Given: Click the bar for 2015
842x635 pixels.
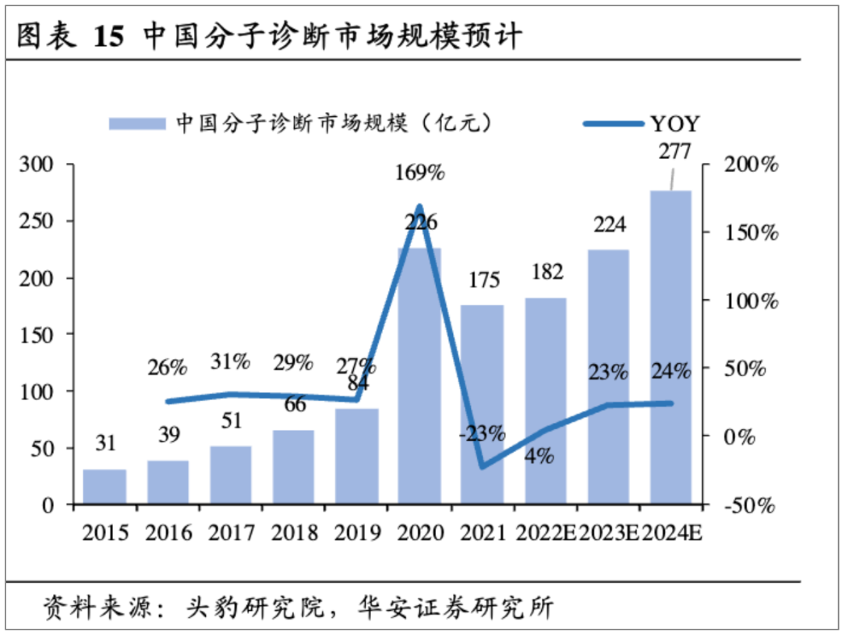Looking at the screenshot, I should point(104,486).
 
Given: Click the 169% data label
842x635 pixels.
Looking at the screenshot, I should point(419,172).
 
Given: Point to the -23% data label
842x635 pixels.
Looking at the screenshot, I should point(482,433).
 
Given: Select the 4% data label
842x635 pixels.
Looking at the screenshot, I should point(539,456).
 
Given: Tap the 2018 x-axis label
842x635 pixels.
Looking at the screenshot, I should point(294,533).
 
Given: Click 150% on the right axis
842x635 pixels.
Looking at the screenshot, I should point(749,233).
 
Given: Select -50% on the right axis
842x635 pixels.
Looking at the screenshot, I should point(749,506).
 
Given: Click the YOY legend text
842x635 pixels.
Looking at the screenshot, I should point(675,123).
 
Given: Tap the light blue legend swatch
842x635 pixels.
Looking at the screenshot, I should point(137,123).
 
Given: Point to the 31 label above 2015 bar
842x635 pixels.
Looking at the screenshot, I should point(105,444).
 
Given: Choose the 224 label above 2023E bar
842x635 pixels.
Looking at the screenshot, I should point(608,225).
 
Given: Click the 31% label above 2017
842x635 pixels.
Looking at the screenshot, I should point(231,362).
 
